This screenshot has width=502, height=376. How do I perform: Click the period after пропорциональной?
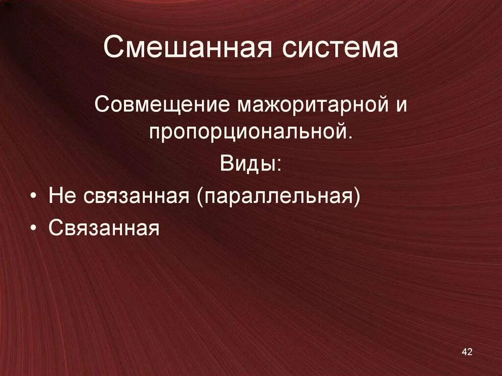[x=350, y=138]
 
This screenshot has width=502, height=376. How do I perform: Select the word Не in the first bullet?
[x=62, y=196]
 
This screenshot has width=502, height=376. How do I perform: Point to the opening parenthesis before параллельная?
[x=201, y=197]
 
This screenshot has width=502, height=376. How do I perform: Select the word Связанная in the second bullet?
[x=104, y=228]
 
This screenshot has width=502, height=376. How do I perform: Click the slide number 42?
[x=467, y=352]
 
